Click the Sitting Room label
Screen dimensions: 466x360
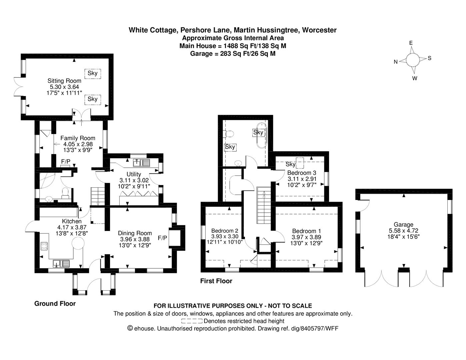click(64, 81)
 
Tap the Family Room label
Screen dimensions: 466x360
click(78, 138)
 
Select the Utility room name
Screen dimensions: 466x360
click(134, 174)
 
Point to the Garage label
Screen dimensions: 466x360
click(403, 224)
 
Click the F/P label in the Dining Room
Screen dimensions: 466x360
click(162, 238)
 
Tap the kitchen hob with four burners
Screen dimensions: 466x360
click(44, 246)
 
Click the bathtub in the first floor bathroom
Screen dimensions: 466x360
click(262, 135)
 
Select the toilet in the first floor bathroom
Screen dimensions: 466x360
click(228, 134)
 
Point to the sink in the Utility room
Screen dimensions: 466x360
click(141, 163)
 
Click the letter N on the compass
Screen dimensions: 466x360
click(396, 62)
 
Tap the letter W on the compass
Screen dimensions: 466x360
click(415, 78)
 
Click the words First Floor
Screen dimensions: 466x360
click(216, 281)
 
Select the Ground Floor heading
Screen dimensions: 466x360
click(55, 304)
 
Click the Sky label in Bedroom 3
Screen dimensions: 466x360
click(291, 164)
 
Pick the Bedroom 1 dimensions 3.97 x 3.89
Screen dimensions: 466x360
click(306, 237)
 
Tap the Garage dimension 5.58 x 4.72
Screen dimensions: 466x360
click(404, 231)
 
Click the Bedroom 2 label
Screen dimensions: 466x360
click(225, 231)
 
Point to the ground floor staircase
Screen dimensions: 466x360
click(98, 196)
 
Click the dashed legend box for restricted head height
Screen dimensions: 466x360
click(192, 321)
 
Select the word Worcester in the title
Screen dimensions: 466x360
click(319, 30)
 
